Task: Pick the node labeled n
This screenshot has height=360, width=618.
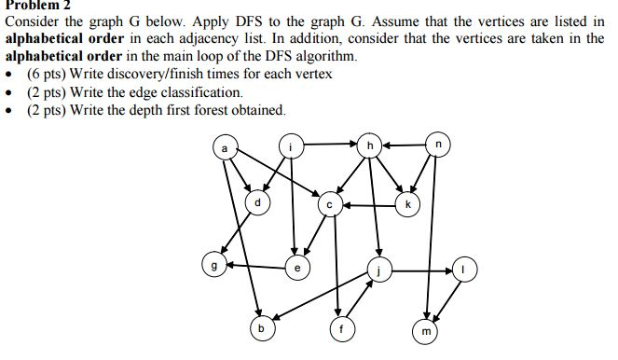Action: point(440,145)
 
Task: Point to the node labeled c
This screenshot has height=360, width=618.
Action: point(328,203)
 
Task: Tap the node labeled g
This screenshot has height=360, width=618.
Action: point(214,265)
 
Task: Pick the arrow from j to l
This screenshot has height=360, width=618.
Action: point(421,270)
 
